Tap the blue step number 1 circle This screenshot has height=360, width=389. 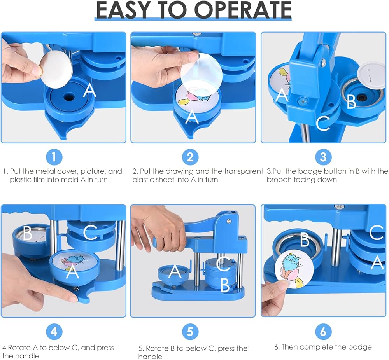pyautogui.click(x=54, y=157)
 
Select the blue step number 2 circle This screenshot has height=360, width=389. pyautogui.click(x=190, y=157)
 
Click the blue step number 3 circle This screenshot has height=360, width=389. pyautogui.click(x=323, y=157)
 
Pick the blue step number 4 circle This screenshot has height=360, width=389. pyautogui.click(x=54, y=332)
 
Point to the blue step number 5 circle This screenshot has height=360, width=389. pyautogui.click(x=190, y=332)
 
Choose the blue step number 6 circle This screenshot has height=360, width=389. pyautogui.click(x=323, y=332)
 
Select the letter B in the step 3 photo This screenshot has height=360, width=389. pyautogui.click(x=351, y=101)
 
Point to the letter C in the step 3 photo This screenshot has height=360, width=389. pyautogui.click(x=323, y=123)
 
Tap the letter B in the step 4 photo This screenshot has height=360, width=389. pyautogui.click(x=28, y=233)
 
